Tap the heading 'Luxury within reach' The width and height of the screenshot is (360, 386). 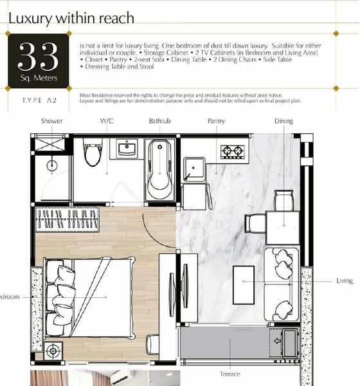[x=71, y=17]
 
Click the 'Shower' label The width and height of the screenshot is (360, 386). [x=51, y=121]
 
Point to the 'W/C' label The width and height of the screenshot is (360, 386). [x=106, y=121]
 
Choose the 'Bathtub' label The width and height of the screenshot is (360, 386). [x=159, y=121]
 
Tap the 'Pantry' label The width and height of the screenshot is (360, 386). [x=216, y=121]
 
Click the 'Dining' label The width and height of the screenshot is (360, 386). [x=283, y=121]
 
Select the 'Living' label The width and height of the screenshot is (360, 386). [x=345, y=281]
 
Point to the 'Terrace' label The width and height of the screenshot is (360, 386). [x=230, y=374]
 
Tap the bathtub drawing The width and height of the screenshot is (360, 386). [x=158, y=170]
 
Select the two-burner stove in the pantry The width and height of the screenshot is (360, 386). [x=231, y=152]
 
